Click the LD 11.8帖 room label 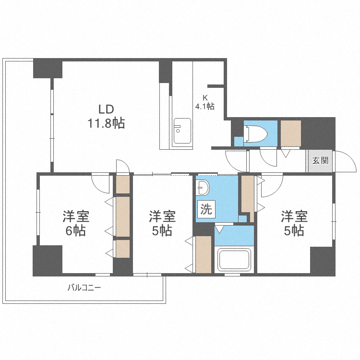tap(106, 116)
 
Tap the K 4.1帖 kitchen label tap(204, 102)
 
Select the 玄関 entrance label tap(320, 161)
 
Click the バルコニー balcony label tap(84, 288)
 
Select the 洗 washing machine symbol tap(205, 209)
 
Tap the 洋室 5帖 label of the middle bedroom tap(162, 223)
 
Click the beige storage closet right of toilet tap(290, 133)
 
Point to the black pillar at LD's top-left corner tap(48, 68)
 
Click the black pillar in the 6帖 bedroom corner tap(48, 260)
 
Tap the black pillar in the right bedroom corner tap(322, 260)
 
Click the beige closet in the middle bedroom tap(203, 254)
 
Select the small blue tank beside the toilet tap(239, 141)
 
